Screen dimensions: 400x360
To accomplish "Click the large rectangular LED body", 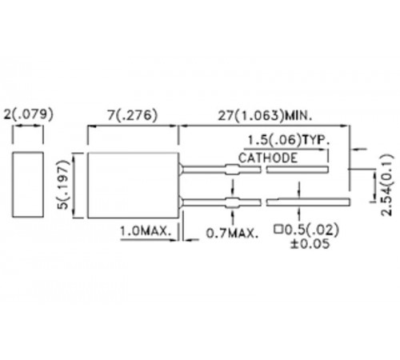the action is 131,184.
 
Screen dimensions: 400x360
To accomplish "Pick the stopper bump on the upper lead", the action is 231,169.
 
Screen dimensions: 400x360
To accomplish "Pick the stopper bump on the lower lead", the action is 231,200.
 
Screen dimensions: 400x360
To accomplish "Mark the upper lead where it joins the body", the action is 182,169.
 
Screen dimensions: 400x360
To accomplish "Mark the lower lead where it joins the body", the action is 182,200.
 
